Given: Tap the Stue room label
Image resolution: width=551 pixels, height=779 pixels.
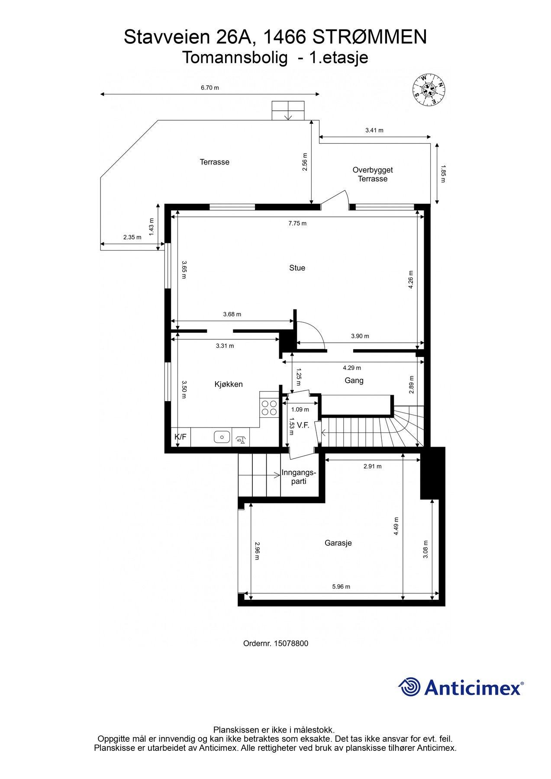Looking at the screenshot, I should pyautogui.click(x=297, y=268).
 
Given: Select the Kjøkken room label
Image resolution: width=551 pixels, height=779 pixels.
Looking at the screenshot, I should pyautogui.click(x=229, y=384).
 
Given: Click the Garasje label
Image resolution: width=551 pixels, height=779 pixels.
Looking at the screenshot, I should pyautogui.click(x=338, y=543).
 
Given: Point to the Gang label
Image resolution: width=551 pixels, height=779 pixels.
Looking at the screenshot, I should pyautogui.click(x=354, y=380).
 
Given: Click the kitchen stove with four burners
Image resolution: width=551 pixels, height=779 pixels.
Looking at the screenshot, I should pyautogui.click(x=269, y=408).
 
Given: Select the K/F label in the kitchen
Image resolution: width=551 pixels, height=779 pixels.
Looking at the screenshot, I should pyautogui.click(x=180, y=437).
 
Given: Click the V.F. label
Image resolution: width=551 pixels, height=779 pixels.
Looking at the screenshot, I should pyautogui.click(x=303, y=425).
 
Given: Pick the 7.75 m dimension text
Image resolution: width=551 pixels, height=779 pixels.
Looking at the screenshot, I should pyautogui.click(x=297, y=223).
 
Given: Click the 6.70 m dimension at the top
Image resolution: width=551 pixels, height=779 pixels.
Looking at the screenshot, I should pyautogui.click(x=210, y=88).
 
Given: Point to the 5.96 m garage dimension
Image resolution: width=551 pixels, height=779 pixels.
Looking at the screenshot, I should pyautogui.click(x=341, y=587).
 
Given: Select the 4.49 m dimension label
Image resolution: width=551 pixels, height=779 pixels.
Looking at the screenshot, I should pyautogui.click(x=396, y=526).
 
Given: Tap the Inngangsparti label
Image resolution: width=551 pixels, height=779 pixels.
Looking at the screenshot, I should pyautogui.click(x=299, y=476).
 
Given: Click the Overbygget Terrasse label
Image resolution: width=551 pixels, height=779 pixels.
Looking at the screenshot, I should pyautogui.click(x=373, y=174).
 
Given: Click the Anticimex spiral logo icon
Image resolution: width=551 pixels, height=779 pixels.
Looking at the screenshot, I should pyautogui.click(x=409, y=687).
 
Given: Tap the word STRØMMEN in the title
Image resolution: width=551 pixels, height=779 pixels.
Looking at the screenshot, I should pyautogui.click(x=369, y=37).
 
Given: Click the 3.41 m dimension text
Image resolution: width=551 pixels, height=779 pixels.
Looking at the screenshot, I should pyautogui.click(x=374, y=130).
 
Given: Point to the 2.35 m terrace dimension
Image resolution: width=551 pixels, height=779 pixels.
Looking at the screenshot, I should pyautogui.click(x=132, y=237).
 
